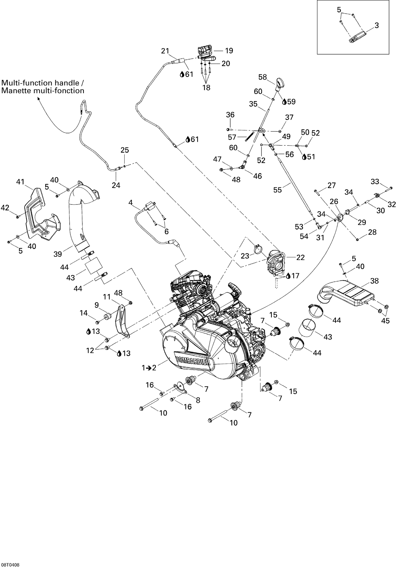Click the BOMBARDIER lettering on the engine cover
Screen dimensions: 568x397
[192, 361]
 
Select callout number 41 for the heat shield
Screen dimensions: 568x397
[20, 182]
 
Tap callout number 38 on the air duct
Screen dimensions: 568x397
[375, 281]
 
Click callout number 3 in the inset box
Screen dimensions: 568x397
[377, 25]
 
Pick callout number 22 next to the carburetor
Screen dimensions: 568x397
[300, 257]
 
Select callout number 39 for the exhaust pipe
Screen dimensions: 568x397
[57, 254]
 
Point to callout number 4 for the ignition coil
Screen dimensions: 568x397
[130, 203]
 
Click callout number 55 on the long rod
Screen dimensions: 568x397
[277, 190]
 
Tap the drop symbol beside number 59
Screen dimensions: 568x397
[284, 102]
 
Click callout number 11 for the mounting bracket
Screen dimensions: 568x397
[107, 297]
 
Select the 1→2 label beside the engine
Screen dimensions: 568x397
[149, 367]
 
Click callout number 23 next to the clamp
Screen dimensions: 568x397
[245, 256]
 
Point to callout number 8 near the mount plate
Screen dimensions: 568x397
[198, 400]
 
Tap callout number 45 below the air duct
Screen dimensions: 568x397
[386, 321]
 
